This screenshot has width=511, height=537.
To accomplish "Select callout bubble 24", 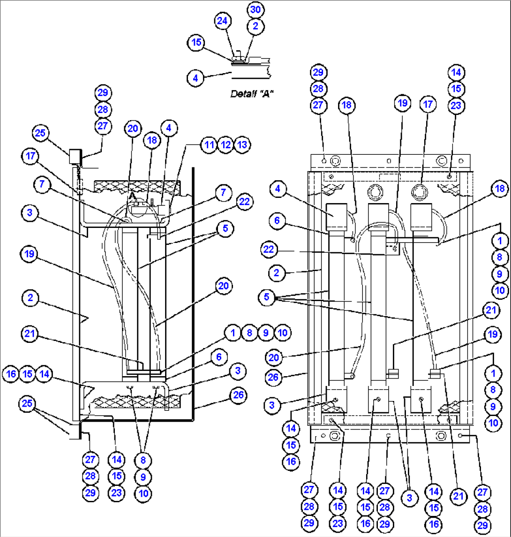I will [x=223, y=21].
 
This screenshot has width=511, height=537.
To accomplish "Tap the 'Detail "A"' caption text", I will [x=252, y=94].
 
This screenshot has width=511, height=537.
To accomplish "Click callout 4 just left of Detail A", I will [x=195, y=77].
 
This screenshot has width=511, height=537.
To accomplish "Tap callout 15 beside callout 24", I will [x=196, y=43].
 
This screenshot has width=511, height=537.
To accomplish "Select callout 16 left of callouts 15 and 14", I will [x=11, y=374].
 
